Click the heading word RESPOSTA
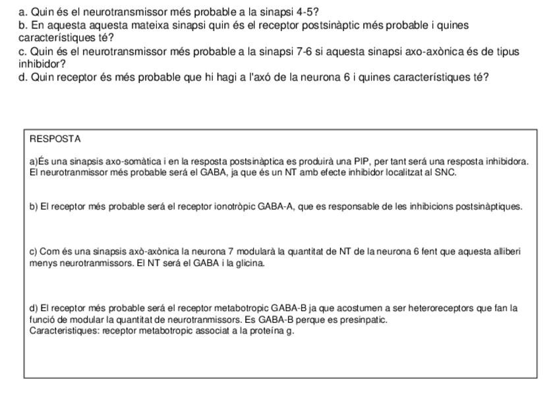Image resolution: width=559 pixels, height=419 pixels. pos(55,139)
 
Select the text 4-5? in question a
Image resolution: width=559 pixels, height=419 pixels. pos(307,12)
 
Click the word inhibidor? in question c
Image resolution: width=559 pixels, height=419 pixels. pos(42,64)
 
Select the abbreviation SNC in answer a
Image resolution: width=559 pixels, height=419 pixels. pos(445,173)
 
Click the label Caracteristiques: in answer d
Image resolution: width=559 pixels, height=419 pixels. pos(64,331)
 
